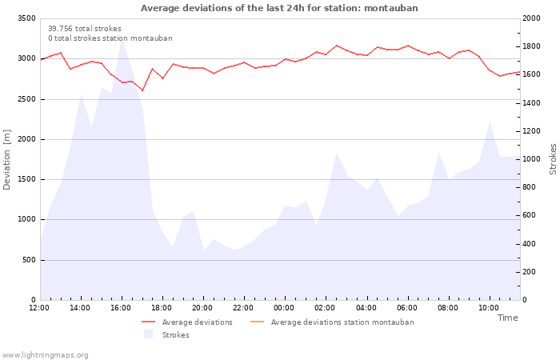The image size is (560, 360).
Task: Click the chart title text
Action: pyautogui.click(x=279, y=8)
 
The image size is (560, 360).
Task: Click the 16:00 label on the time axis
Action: pyautogui.click(x=121, y=308)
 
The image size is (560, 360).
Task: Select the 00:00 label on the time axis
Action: pyautogui.click(x=284, y=308)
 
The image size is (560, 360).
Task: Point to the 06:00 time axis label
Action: pyautogui.click(x=406, y=308)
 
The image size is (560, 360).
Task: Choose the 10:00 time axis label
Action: pyautogui.click(x=488, y=308)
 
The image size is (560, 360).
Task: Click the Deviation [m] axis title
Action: pyautogui.click(x=7, y=159)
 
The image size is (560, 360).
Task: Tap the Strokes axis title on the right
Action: pyautogui.click(x=553, y=159)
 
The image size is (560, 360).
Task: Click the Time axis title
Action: pyautogui.click(x=507, y=318)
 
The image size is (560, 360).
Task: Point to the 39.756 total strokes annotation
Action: pyautogui.click(x=85, y=29)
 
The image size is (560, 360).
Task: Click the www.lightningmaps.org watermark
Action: pyautogui.click(x=46, y=355)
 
